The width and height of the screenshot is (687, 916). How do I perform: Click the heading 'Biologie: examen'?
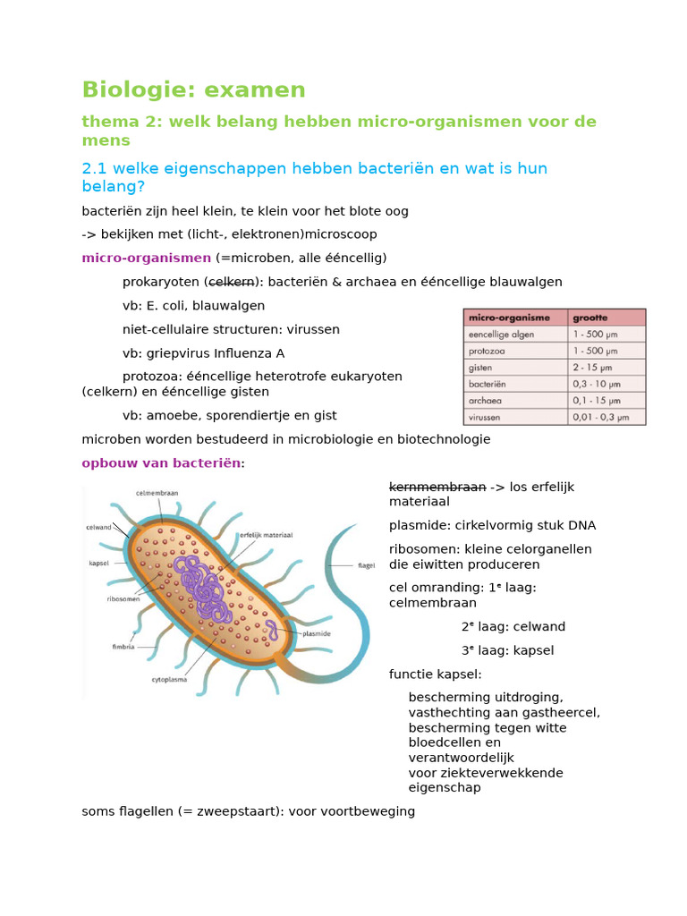point(193,90)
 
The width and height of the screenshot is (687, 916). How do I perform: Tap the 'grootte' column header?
point(590,317)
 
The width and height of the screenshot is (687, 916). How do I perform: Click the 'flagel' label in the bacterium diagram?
point(367,565)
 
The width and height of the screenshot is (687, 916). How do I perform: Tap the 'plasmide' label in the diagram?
point(317,632)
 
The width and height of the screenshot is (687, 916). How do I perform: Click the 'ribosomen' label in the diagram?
point(123,599)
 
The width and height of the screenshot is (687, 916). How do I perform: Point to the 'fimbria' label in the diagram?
point(123,646)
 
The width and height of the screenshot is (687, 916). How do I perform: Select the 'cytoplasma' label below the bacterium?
point(170,679)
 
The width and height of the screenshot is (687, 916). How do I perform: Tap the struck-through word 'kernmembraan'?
point(437,488)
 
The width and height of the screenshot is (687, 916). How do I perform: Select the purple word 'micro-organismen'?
point(146,259)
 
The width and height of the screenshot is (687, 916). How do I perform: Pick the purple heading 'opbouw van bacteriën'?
point(161,463)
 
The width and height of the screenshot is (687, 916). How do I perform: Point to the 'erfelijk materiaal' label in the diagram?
point(266,534)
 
